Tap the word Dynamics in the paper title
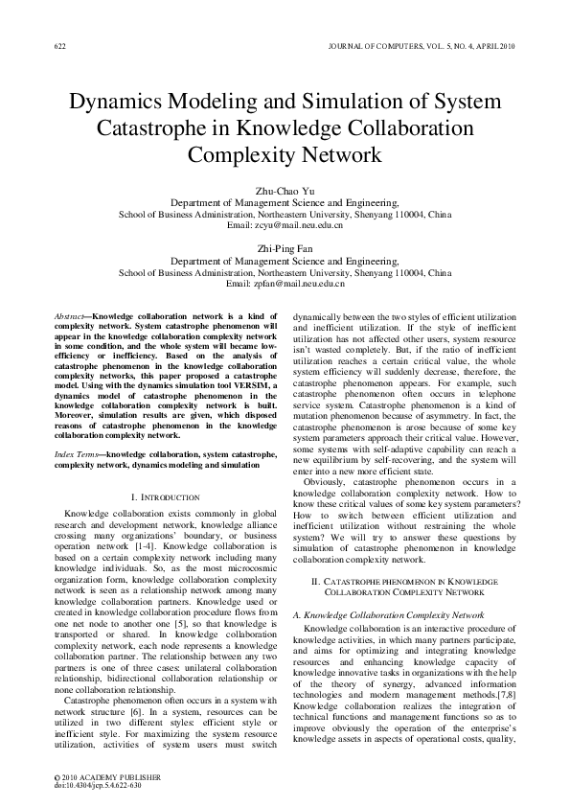pos(122,103)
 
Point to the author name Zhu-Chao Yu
pos(285,192)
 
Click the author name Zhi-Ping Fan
pos(285,246)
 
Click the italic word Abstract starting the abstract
pos(70,315)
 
